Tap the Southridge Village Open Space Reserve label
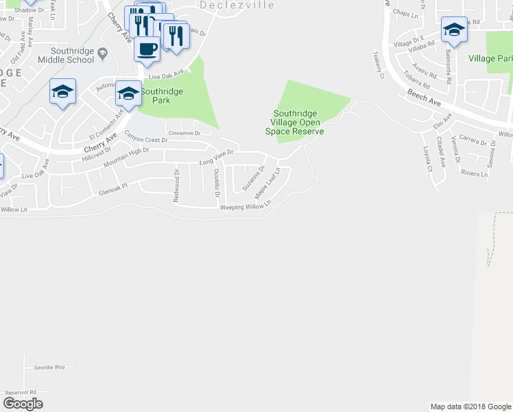coord(298,122)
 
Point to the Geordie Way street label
coord(49,367)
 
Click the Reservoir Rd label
coord(20,392)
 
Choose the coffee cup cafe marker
coord(147,49)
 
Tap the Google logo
coord(23,403)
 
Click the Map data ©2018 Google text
coord(470,407)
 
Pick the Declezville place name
coord(237,5)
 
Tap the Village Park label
coord(490,59)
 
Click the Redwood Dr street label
coord(176,186)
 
